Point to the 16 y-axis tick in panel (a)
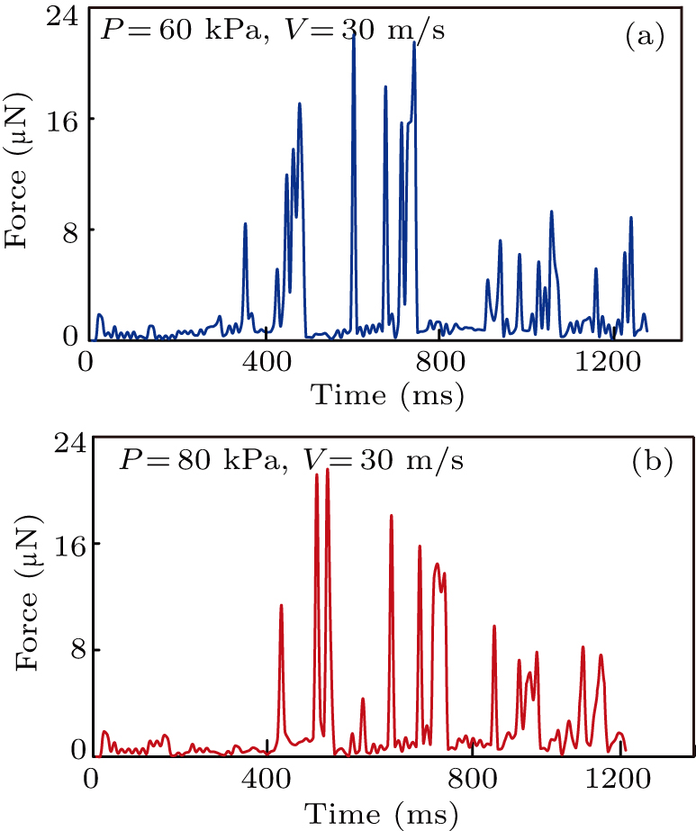coord(60,119)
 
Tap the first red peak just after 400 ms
coord(282,606)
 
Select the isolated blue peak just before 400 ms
coord(245,224)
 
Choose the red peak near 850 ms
coord(494,627)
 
